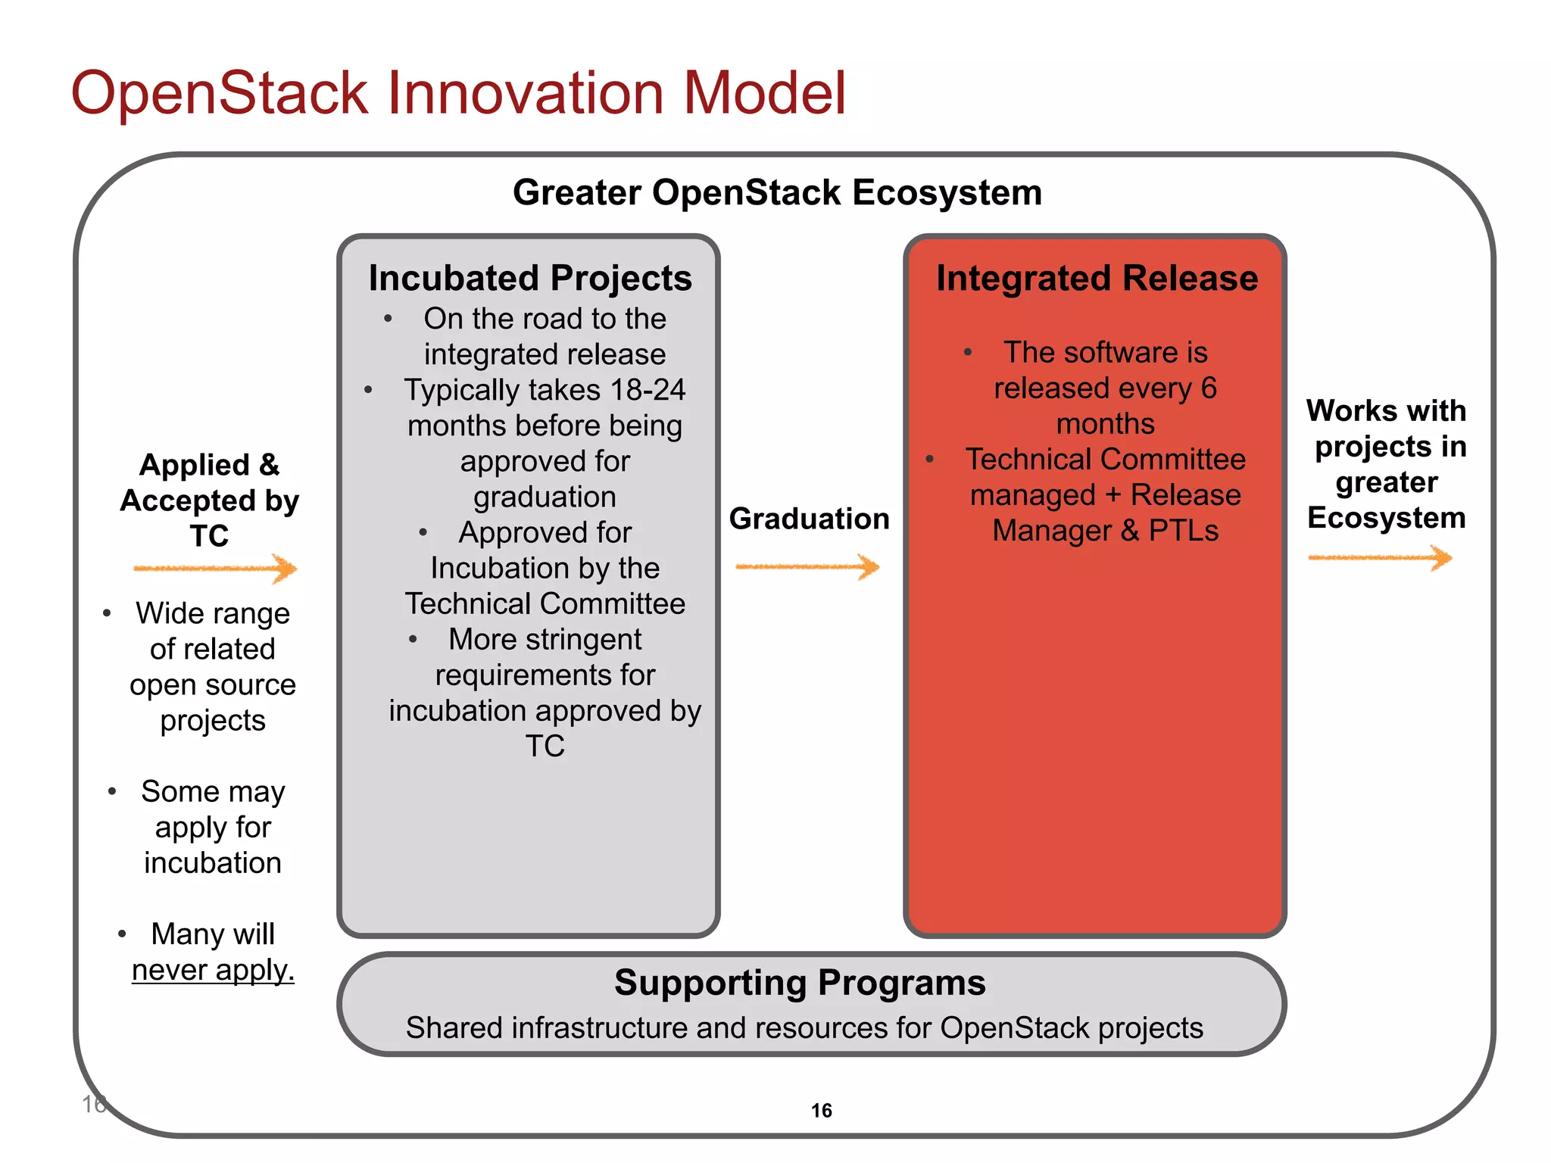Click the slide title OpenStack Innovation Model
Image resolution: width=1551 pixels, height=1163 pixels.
458,92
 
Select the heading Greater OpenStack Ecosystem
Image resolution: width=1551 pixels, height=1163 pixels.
777,192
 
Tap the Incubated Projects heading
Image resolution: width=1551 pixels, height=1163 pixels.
530,278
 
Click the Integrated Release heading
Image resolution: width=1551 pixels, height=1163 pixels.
1097,278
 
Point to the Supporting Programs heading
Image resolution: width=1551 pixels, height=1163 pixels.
800,983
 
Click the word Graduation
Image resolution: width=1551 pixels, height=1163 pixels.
809,519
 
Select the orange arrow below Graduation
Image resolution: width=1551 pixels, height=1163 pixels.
807,566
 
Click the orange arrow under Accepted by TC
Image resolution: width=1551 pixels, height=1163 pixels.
216,569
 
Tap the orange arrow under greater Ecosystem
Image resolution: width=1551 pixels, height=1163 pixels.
1380,559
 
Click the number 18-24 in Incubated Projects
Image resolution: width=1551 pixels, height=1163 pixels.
648,390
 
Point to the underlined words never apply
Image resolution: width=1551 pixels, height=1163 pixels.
213,970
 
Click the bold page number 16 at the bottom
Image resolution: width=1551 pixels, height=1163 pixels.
821,1111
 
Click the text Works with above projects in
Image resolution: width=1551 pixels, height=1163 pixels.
1386,410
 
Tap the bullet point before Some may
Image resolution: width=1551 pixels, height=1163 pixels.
112,792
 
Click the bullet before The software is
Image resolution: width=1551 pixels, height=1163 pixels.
968,352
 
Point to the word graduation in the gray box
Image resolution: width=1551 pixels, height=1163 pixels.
545,497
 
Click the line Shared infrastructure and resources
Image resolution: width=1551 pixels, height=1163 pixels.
804,1028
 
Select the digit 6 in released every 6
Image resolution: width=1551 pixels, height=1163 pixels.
1209,388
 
